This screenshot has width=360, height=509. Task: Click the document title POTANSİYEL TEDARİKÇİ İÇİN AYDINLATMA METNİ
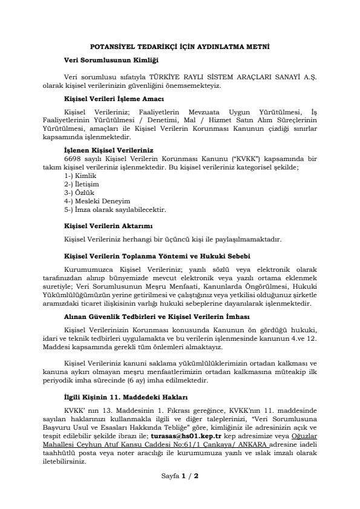click(x=180, y=46)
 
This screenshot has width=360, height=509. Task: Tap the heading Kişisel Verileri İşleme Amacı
click(x=110, y=98)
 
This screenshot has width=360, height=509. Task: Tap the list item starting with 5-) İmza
click(x=114, y=209)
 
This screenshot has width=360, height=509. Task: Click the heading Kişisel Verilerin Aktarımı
click(x=103, y=226)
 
